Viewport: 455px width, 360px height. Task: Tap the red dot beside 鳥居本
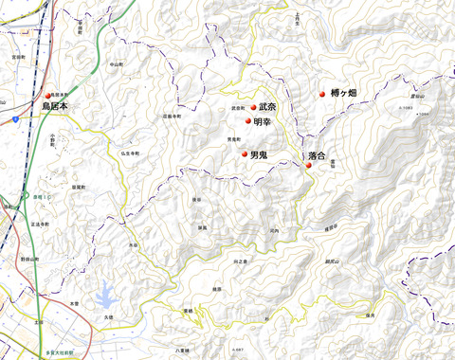point(47,96)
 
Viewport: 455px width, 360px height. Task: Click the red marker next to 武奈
point(254,107)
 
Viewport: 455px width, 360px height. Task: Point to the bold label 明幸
point(263,121)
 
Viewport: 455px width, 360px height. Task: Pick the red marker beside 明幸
point(248,121)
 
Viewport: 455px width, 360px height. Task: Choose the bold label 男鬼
point(258,154)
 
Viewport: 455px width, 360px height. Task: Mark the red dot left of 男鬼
point(245,154)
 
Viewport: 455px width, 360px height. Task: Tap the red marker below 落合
point(308,166)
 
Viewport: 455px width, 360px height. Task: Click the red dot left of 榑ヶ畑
point(323,93)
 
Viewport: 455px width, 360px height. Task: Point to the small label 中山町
point(117,65)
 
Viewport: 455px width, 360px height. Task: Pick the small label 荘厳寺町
point(173,117)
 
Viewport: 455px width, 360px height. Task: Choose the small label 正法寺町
point(40,225)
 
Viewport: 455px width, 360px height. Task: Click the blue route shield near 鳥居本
point(16,119)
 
